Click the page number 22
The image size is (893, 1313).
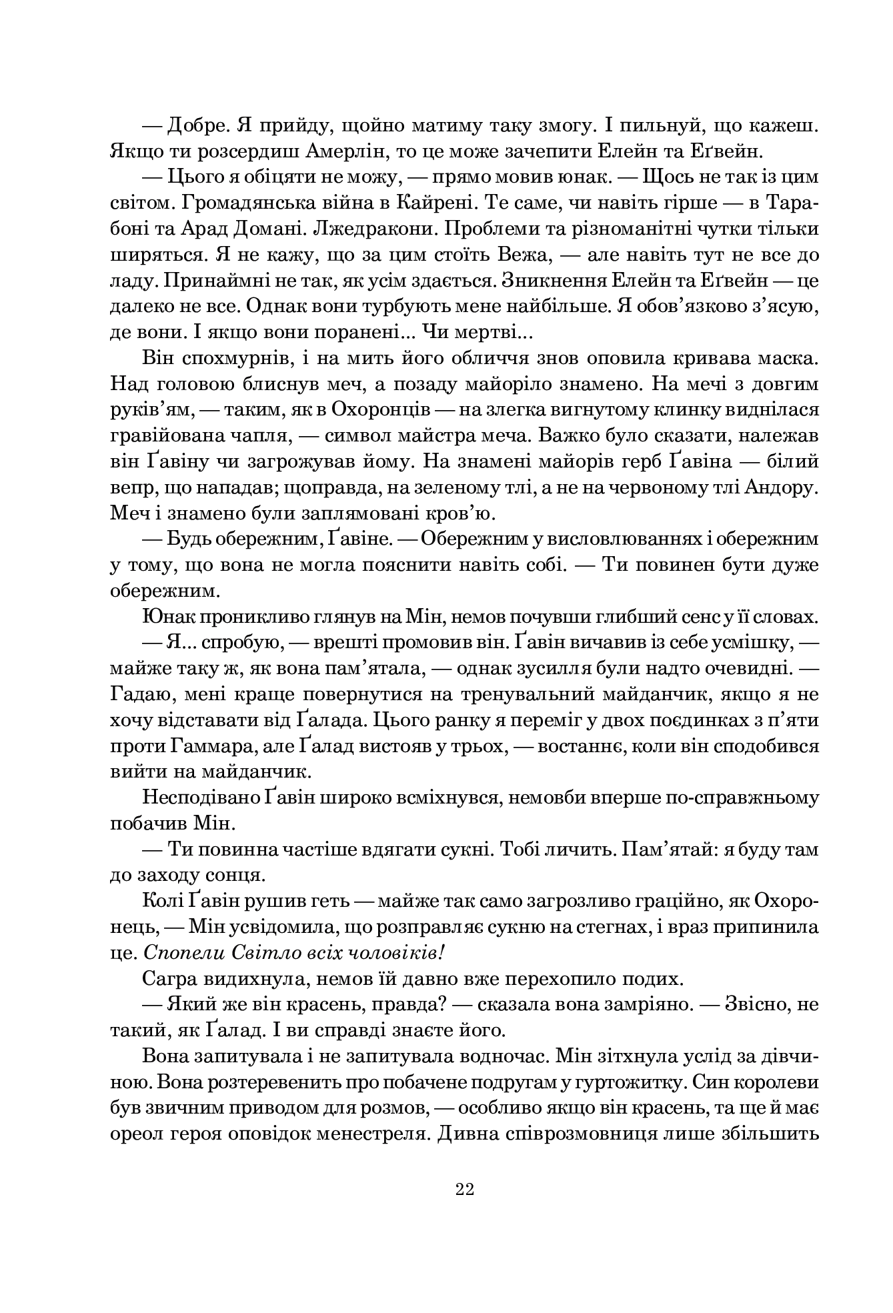tap(464, 1189)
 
